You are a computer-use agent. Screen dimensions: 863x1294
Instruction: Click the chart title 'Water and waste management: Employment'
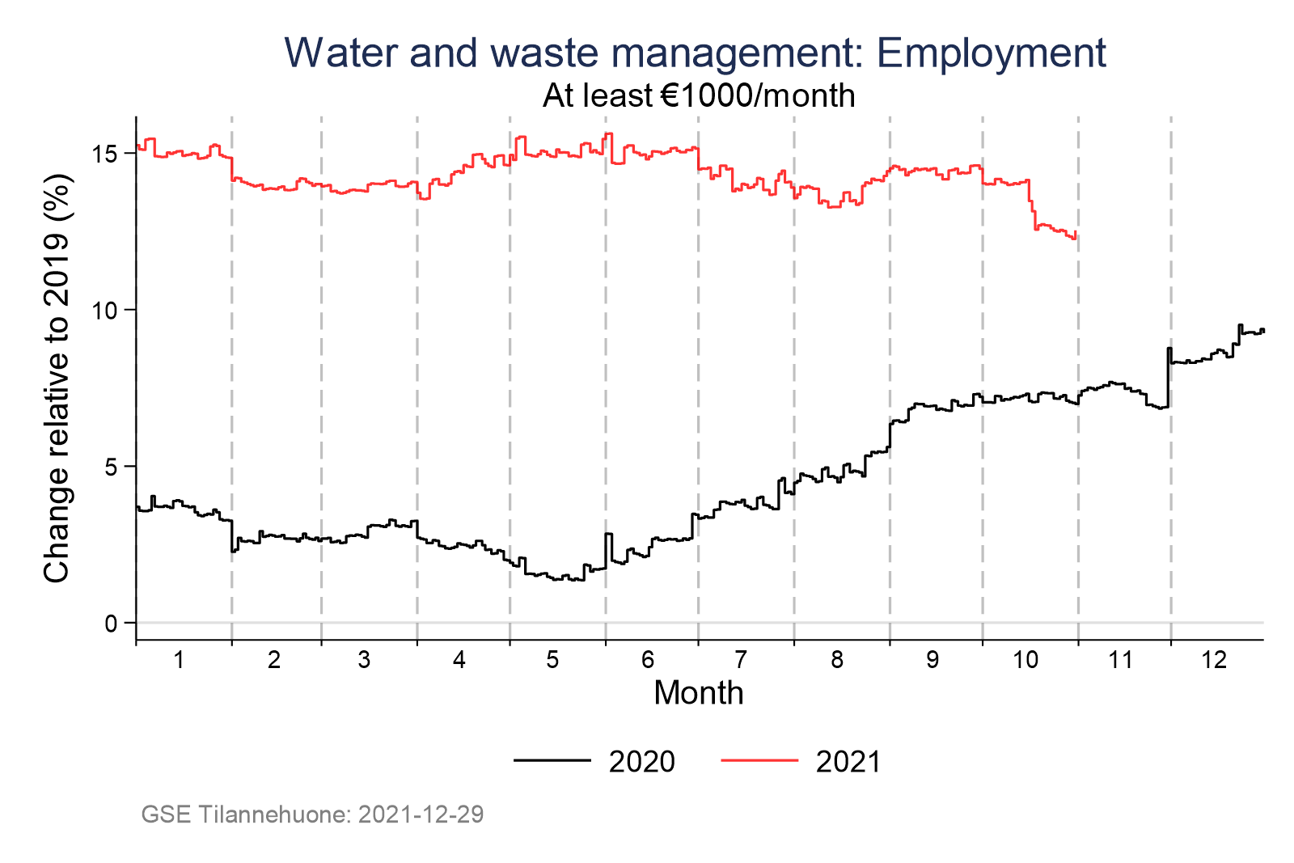tap(695, 53)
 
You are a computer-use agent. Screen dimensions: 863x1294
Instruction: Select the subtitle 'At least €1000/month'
tap(699, 96)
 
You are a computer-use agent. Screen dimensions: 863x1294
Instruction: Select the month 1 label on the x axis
tap(179, 660)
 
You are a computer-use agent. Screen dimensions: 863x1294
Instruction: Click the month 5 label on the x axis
tap(553, 660)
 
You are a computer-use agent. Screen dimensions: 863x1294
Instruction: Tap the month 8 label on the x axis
tap(837, 660)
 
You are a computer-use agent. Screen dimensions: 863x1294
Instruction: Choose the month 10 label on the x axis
tap(1025, 660)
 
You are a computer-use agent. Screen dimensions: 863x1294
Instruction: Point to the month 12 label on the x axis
tap(1215, 660)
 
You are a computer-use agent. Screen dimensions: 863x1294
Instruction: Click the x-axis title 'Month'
tap(699, 693)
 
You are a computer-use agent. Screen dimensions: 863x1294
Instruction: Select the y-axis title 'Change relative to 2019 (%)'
tap(57, 379)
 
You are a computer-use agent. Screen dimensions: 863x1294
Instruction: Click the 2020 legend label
tap(641, 762)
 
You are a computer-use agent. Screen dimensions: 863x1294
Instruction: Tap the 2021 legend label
tap(848, 762)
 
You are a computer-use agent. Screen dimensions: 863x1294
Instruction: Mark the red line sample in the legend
tap(759, 760)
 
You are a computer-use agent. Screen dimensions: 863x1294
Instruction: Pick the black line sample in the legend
tap(552, 760)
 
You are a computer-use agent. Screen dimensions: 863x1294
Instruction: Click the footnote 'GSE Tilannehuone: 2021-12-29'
tap(312, 814)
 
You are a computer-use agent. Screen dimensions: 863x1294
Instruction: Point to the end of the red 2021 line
tap(1076, 235)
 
